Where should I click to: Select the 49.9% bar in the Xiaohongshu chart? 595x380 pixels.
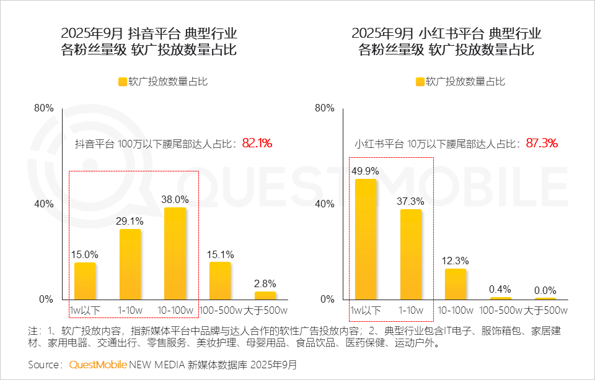tap(366, 239)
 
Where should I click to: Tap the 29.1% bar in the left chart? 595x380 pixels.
tap(130, 264)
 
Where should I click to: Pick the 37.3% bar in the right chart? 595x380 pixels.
tap(410, 254)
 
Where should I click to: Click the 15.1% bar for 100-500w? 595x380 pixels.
tap(220, 280)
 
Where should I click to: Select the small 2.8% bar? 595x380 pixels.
tap(265, 295)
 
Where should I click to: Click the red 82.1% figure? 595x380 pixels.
tap(257, 143)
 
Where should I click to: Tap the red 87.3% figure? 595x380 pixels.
tap(542, 143)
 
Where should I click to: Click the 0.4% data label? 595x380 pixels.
tap(500, 289)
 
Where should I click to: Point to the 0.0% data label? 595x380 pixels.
tap(545, 290)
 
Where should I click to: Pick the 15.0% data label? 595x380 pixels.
tap(85, 253)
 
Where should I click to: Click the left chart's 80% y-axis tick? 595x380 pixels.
tap(43, 108)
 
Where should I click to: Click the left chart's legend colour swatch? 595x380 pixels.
tap(122, 82)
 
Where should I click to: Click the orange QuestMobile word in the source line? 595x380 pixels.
tap(98, 365)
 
